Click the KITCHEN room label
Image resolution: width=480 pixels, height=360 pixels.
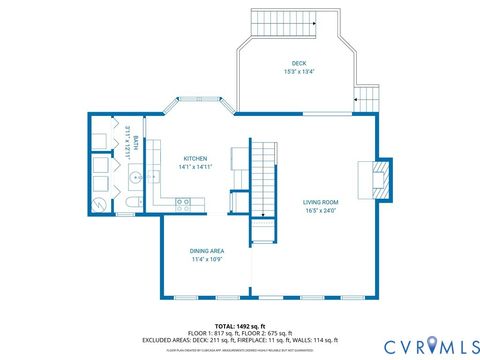[195, 159]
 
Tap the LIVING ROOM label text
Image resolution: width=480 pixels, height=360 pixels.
[321, 203]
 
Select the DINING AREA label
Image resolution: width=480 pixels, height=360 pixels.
[206, 251]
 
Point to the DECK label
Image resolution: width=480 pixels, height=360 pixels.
[299, 64]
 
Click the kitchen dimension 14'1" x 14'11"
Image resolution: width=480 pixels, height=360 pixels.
[195, 167]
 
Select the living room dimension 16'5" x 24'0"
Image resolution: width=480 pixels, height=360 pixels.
[321, 211]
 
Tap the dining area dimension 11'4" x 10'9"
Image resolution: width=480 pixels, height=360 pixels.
[206, 259]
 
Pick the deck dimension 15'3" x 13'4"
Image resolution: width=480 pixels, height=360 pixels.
[299, 72]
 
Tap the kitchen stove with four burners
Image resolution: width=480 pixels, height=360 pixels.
[184, 203]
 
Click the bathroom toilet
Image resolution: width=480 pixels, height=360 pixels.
[132, 205]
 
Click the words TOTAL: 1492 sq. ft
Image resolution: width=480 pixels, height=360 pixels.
[239, 325]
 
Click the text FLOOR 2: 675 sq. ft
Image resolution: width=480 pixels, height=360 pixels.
[271, 332]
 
